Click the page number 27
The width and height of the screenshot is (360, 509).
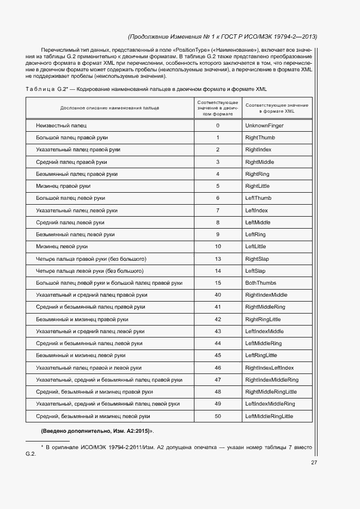pos(314,463)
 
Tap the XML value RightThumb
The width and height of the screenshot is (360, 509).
pos(260,138)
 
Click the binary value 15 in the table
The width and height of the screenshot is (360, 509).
pos(218,283)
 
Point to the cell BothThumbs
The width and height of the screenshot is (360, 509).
pos(260,283)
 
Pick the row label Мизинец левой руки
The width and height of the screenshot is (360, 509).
pos(62,247)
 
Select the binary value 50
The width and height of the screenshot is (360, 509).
pos(218,416)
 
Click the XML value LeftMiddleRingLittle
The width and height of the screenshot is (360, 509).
pos(269,416)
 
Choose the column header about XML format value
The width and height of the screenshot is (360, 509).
pos(277,107)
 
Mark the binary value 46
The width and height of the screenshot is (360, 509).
pos(218,368)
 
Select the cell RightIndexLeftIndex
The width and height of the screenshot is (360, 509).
pos(269,368)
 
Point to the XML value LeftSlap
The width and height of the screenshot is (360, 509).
pos(255,271)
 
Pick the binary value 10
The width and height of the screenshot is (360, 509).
pos(218,247)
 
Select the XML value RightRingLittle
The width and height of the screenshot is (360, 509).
pos(263,320)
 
